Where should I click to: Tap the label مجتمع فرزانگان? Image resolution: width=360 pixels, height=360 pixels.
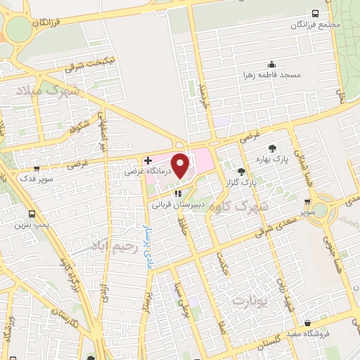click(315, 25)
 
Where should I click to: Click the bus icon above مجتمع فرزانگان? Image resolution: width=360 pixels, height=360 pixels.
click(314, 13)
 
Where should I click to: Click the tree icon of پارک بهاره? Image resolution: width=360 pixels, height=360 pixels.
click(273, 148)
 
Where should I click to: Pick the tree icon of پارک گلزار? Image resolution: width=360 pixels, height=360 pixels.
click(242, 171)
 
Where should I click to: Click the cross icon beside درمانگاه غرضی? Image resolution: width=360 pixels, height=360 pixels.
click(148, 160)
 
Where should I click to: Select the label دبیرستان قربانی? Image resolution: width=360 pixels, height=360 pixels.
click(178, 205)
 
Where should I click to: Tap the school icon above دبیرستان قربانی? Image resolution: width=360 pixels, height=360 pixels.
click(178, 195)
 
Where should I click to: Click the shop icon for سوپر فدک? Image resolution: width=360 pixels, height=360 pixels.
click(36, 169)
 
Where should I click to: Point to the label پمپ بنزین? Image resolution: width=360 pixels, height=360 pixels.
click(32, 226)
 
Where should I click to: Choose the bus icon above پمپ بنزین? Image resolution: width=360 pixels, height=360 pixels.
click(32, 214)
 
